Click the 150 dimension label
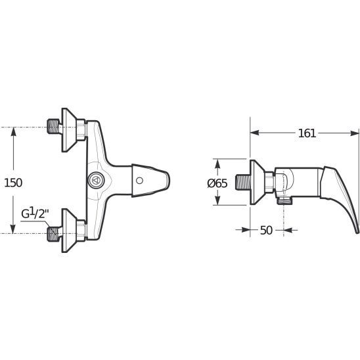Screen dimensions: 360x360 click(x=13, y=183)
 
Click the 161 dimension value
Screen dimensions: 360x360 click(x=307, y=133)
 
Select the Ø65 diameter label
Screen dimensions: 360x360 click(x=217, y=183)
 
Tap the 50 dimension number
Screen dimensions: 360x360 click(x=266, y=230)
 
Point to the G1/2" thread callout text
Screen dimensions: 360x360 click(x=35, y=213)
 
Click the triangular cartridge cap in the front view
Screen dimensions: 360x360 click(x=97, y=180)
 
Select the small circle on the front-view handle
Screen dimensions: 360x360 click(x=139, y=181)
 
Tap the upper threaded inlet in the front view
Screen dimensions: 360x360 click(x=54, y=126)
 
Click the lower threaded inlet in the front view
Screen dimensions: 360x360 click(x=54, y=234)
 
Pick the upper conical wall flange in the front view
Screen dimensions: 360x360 click(x=70, y=130)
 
